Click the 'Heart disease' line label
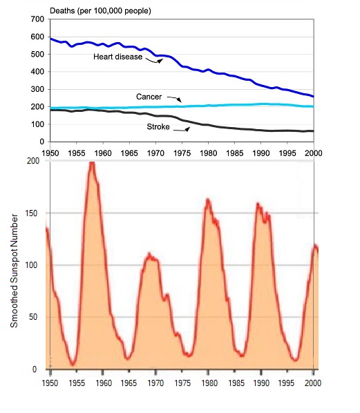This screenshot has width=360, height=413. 117,57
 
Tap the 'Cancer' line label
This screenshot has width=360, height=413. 149,97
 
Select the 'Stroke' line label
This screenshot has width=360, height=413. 158,127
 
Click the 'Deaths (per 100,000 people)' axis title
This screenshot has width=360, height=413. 100,11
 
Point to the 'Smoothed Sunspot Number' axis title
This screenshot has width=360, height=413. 14,271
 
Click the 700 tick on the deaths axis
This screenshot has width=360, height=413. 37,19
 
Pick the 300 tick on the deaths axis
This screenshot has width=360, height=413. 37,89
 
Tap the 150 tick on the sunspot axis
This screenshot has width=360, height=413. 31,213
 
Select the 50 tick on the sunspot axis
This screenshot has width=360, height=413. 33,317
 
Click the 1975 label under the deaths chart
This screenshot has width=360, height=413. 182,153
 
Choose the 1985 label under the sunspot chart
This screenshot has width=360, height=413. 236,383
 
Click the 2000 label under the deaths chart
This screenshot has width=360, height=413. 313,153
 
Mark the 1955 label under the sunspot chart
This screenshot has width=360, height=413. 77,383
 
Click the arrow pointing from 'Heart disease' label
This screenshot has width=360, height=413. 154,61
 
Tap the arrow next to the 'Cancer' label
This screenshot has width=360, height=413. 174,99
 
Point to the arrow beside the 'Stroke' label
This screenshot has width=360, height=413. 182,130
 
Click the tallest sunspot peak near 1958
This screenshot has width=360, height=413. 92,163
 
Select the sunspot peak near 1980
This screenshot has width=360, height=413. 208,200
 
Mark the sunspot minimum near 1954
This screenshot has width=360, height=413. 73,365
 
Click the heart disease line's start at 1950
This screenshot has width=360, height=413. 50,39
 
